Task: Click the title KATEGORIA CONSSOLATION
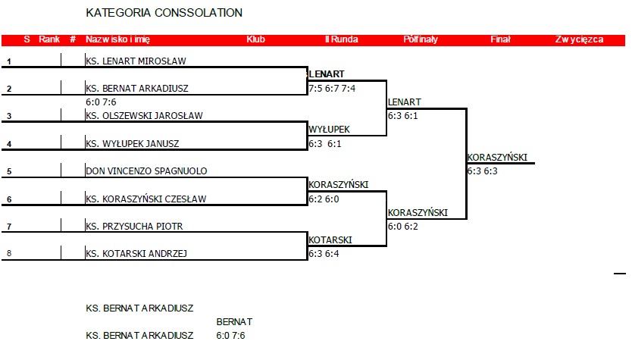tap(164, 13)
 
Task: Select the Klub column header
tap(255, 39)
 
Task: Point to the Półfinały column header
tap(421, 39)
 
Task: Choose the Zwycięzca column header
tap(579, 39)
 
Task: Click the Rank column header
tap(49, 39)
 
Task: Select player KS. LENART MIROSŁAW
tap(136, 61)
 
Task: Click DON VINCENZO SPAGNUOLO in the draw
tap(146, 171)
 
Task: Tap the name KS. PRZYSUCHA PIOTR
tap(134, 226)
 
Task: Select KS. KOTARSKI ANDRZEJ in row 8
tap(136, 254)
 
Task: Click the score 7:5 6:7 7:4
tap(332, 89)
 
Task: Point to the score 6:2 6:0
tap(324, 199)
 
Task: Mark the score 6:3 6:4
tap(324, 254)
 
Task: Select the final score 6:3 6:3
tap(482, 171)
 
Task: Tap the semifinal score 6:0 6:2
tap(402, 226)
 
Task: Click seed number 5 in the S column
tap(9, 172)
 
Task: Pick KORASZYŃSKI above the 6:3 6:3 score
tap(497, 158)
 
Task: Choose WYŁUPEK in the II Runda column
tap(329, 130)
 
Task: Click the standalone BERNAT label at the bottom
tap(234, 321)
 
